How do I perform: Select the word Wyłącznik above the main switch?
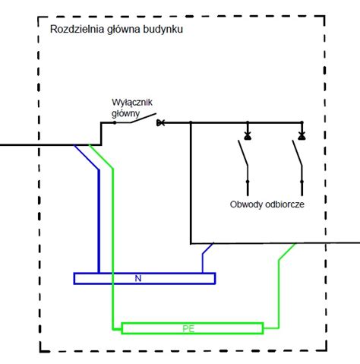(x=132, y=103)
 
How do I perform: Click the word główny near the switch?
(x=125, y=113)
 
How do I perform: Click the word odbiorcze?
(x=282, y=204)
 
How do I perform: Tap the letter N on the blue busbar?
(x=138, y=279)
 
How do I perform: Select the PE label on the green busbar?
(x=188, y=329)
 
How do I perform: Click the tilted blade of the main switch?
(x=143, y=118)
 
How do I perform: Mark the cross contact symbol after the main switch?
(x=160, y=123)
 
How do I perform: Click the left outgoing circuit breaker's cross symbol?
(x=248, y=136)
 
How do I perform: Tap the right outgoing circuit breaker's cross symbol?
(x=302, y=136)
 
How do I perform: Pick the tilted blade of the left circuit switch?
(x=243, y=153)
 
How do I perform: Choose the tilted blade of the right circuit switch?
(x=297, y=153)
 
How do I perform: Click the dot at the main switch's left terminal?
(x=115, y=122)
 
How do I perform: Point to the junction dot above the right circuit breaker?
(x=302, y=122)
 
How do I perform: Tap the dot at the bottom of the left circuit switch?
(x=248, y=182)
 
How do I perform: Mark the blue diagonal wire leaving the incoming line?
(x=87, y=157)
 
